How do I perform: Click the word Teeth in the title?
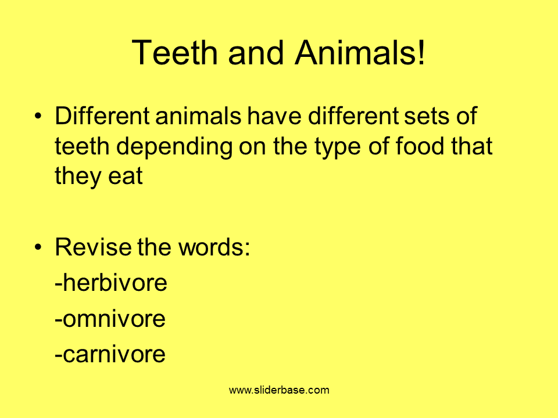[x=174, y=53]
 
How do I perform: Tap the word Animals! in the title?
[x=360, y=53]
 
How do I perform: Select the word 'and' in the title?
[x=256, y=53]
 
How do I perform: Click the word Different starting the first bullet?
[x=102, y=116]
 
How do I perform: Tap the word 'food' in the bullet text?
[x=420, y=146]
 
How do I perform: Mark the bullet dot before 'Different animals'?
[x=38, y=116]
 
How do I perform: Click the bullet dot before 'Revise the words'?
[x=38, y=247]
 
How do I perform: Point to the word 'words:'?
[x=214, y=247]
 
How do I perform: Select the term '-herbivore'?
[x=111, y=283]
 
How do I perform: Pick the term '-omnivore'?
[x=110, y=319]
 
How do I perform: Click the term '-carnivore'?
[x=110, y=354]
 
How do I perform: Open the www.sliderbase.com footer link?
[x=279, y=390]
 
